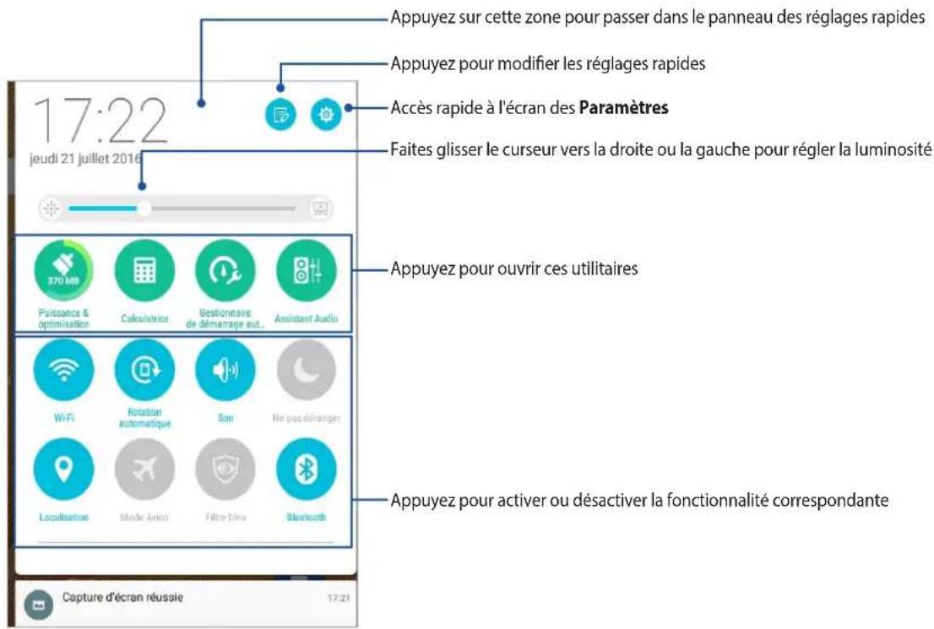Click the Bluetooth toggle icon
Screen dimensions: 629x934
pos(306,469)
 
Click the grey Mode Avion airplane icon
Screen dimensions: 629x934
pos(144,469)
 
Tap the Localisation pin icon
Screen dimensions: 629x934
pos(63,469)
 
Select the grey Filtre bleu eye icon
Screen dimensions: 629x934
pos(225,469)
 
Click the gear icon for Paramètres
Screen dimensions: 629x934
pos(326,114)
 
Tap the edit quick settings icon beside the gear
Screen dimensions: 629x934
pos(280,114)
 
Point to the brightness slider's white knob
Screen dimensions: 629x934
pos(144,208)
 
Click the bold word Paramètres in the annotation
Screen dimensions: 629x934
pos(627,108)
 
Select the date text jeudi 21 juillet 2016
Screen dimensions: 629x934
pos(85,158)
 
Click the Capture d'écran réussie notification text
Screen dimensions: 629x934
pos(124,598)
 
